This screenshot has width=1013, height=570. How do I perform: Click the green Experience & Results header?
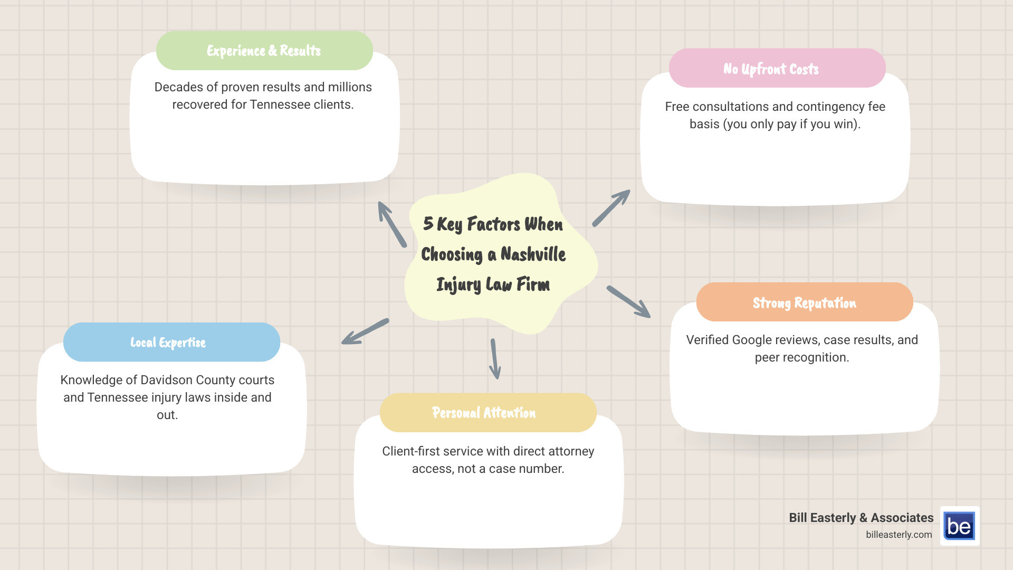click(x=264, y=51)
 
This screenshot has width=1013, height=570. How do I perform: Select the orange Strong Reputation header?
click(x=804, y=302)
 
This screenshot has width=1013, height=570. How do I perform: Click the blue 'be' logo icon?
click(x=959, y=526)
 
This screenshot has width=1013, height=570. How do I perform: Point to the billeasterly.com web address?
click(x=899, y=535)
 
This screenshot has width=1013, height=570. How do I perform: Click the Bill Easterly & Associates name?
click(x=861, y=518)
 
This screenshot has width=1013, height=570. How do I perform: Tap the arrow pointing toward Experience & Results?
click(x=391, y=224)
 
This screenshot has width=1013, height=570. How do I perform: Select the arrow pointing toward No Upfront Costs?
click(x=611, y=208)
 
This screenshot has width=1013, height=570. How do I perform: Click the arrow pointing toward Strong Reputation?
click(x=628, y=302)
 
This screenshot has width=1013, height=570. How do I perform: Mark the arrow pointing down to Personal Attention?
click(x=495, y=359)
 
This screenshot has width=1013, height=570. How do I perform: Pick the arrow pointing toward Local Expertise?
click(x=365, y=332)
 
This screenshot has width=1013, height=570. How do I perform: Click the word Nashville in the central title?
click(x=533, y=254)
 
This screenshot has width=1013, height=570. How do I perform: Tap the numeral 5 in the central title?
click(x=428, y=224)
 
